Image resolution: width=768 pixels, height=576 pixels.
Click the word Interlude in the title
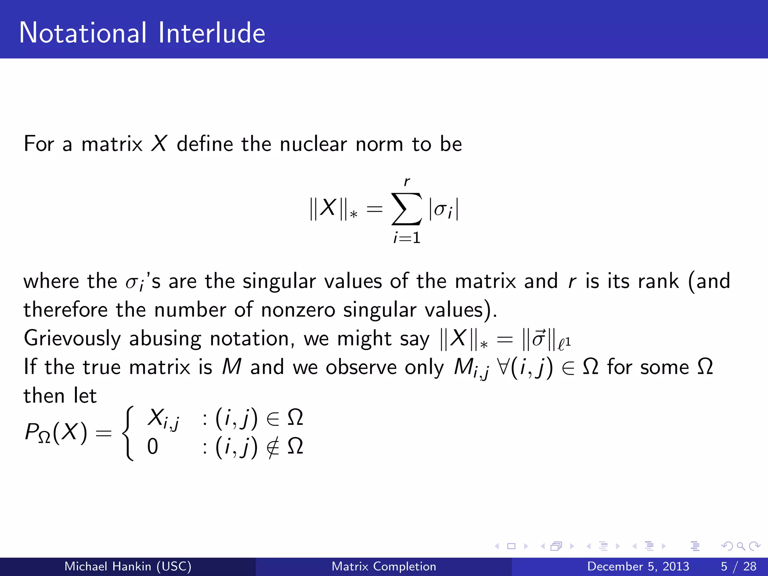pyautogui.click(x=211, y=33)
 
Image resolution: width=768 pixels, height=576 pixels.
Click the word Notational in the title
pyautogui.click(x=83, y=33)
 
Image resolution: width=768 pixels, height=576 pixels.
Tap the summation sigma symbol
pyautogui.click(x=406, y=209)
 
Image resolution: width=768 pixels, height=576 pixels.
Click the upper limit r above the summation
pyautogui.click(x=407, y=182)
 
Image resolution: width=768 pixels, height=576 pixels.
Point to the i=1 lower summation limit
pyautogui.click(x=407, y=238)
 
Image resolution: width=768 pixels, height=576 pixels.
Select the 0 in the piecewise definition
pyautogui.click(x=153, y=447)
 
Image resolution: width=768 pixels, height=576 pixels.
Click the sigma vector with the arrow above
pyautogui.click(x=538, y=339)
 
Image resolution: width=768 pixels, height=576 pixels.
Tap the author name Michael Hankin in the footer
pyautogui.click(x=128, y=566)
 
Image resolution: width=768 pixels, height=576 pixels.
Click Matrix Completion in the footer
pyautogui.click(x=384, y=566)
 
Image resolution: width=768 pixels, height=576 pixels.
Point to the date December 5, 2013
pyautogui.click(x=638, y=566)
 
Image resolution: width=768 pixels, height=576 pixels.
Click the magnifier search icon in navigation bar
pyautogui.click(x=741, y=546)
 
